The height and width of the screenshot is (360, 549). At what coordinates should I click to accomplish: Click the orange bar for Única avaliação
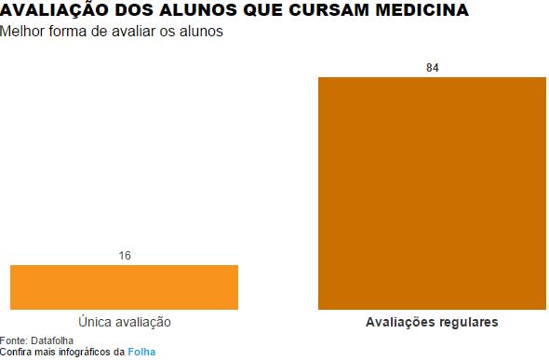coord(124,287)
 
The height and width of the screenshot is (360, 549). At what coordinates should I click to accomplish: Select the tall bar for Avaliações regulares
coord(432,193)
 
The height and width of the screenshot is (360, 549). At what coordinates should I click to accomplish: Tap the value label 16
coord(124,256)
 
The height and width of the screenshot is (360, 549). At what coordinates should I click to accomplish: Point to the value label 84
coord(432,68)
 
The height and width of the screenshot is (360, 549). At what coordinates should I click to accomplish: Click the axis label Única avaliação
coord(125,322)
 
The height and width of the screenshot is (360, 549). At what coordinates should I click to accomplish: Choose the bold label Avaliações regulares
coord(432,322)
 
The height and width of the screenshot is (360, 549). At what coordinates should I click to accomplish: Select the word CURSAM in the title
coord(315,11)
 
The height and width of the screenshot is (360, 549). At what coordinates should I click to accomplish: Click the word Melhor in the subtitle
coord(20,32)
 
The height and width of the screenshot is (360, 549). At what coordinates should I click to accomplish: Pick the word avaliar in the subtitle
coord(142,32)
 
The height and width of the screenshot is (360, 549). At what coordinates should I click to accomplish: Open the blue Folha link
coord(141,353)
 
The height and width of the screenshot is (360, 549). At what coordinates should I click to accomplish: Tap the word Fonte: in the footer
coord(14,340)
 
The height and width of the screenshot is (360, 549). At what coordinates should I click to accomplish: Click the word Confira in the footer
coord(16,353)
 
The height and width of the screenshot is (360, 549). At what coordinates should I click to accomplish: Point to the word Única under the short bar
coord(97,322)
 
